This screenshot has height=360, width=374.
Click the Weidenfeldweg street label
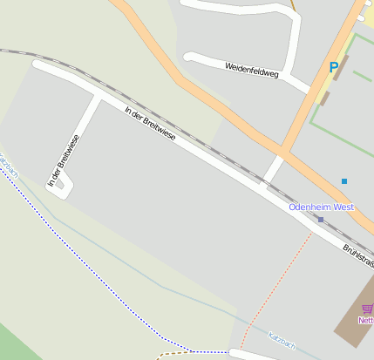click(251, 71)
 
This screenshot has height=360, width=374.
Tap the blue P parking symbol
click(334, 67)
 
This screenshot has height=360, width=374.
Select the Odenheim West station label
click(321, 207)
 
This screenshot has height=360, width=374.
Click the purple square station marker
click(321, 220)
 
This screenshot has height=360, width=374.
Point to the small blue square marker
click(344, 181)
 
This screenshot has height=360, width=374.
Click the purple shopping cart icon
click(367, 309)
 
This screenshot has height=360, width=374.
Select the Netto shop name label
click(366, 321)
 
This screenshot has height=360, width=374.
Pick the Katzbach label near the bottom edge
click(282, 342)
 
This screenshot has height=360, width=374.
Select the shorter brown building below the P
click(325, 98)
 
